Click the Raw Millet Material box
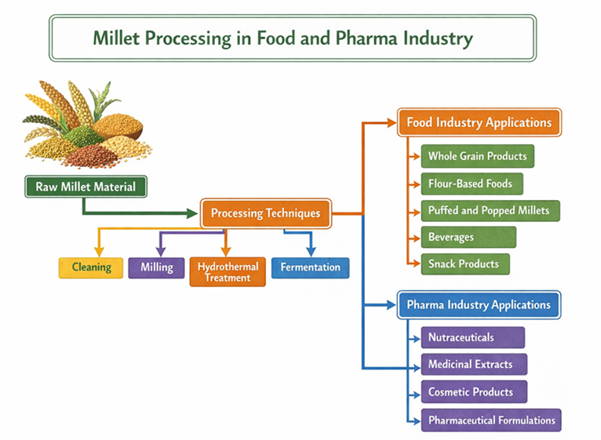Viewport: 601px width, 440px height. (x=85, y=187)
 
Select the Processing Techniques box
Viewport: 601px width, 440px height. (x=265, y=213)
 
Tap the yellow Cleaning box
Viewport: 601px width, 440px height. (x=91, y=267)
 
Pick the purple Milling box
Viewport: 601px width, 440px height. (x=156, y=267)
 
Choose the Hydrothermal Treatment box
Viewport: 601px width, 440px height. (x=228, y=271)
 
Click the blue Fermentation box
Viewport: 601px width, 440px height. (x=310, y=267)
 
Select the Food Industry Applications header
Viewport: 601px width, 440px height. (x=479, y=122)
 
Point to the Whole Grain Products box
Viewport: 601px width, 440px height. (x=477, y=156)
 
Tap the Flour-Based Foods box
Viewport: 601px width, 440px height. (x=471, y=184)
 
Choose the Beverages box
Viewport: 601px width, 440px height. (x=468, y=237)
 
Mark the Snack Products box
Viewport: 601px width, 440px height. (x=464, y=264)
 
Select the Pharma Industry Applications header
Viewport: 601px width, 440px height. (x=479, y=304)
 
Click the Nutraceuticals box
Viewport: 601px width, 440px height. (x=472, y=337)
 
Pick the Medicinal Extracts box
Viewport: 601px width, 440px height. (x=473, y=364)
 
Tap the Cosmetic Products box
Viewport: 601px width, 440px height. (x=473, y=391)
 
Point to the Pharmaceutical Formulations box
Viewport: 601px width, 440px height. (x=491, y=420)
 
